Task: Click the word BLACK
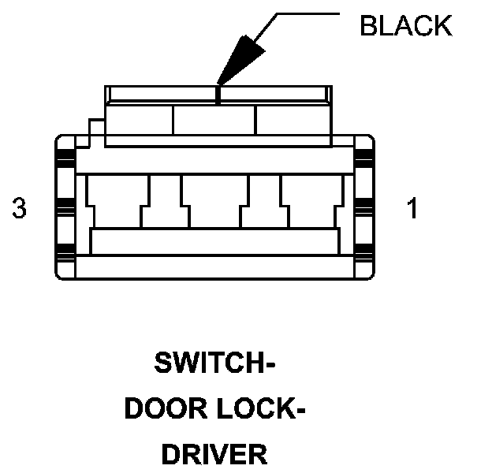[x=405, y=26]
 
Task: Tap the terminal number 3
[x=20, y=209]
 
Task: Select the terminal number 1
[x=412, y=209]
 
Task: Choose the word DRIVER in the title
[x=214, y=454]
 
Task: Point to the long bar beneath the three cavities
[x=214, y=241]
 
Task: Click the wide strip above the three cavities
[x=214, y=161]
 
